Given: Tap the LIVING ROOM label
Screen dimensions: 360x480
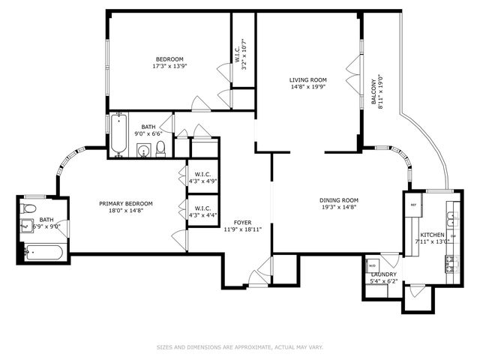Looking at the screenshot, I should click(x=308, y=79).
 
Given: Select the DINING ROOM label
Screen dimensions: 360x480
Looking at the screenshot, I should click(x=338, y=200).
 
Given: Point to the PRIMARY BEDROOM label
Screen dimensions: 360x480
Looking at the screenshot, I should click(x=126, y=203).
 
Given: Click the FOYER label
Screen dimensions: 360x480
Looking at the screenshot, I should click(x=242, y=223).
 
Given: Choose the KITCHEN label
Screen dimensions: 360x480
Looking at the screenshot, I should click(x=432, y=235).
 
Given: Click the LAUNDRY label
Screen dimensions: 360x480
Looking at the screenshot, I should click(x=383, y=274).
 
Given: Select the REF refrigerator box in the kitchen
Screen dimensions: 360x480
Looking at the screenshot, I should click(x=412, y=204).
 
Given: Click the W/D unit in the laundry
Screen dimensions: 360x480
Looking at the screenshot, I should click(x=373, y=265).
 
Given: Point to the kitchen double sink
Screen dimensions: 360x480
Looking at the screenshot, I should click(x=451, y=218).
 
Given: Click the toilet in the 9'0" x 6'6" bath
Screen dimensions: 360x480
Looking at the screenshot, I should click(x=160, y=147).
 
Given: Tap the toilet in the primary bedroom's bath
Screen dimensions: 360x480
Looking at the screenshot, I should click(x=30, y=208).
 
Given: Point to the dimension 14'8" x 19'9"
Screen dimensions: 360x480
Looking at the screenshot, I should click(x=308, y=86).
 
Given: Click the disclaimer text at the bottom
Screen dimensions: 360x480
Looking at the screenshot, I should click(x=239, y=347).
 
